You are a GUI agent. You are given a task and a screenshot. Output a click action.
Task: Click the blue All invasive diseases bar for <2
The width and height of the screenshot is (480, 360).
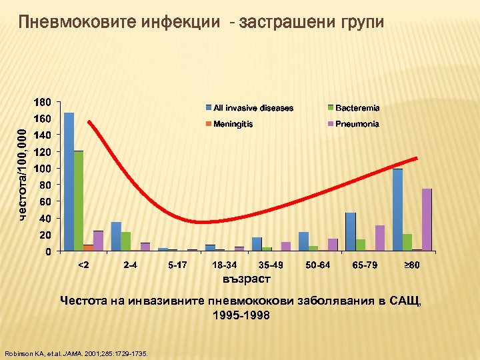(x=69, y=181)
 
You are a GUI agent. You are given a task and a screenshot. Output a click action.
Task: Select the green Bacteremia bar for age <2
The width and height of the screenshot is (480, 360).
(x=79, y=201)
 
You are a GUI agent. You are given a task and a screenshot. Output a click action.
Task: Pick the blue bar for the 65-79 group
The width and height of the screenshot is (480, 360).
(x=351, y=231)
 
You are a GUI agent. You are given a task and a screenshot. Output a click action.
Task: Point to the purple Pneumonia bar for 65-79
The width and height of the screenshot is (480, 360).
(x=380, y=238)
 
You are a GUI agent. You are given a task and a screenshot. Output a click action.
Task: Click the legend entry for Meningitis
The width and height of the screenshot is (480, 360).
(x=233, y=124)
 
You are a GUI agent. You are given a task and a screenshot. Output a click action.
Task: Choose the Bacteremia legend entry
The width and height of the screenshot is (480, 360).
(x=357, y=107)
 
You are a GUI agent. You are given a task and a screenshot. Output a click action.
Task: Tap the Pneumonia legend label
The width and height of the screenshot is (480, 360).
(x=357, y=124)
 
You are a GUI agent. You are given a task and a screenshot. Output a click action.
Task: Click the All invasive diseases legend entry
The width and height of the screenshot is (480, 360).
(x=253, y=107)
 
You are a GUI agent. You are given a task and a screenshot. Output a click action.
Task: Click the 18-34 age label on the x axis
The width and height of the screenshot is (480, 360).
(x=224, y=265)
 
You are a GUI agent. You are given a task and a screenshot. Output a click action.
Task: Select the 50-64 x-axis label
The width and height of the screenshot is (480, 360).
(x=318, y=265)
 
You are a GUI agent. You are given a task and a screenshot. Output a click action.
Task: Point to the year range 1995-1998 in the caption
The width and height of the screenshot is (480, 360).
(x=241, y=315)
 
